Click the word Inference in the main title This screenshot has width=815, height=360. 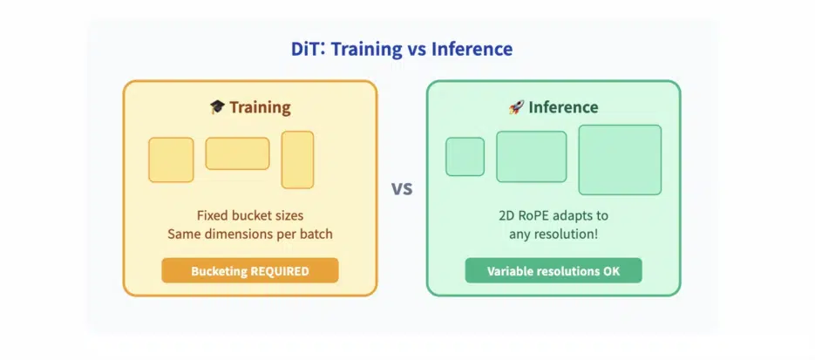(472, 49)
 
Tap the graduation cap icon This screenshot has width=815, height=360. (217, 107)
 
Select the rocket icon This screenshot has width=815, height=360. (516, 107)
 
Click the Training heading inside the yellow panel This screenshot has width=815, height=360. (260, 107)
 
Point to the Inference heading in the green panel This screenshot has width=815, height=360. (563, 107)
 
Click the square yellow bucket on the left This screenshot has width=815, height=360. (171, 160)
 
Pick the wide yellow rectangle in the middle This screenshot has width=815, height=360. (238, 153)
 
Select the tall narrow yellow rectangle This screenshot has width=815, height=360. (297, 160)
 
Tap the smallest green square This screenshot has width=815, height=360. (465, 156)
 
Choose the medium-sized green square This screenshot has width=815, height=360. (531, 156)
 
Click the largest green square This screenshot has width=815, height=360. (620, 160)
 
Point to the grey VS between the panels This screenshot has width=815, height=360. (402, 188)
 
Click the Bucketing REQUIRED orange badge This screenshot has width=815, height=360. (250, 270)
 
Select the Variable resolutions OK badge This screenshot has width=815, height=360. (554, 270)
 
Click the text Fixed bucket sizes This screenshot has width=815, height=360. (250, 215)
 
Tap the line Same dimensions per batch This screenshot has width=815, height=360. (250, 234)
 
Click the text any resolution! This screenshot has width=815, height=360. (554, 234)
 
